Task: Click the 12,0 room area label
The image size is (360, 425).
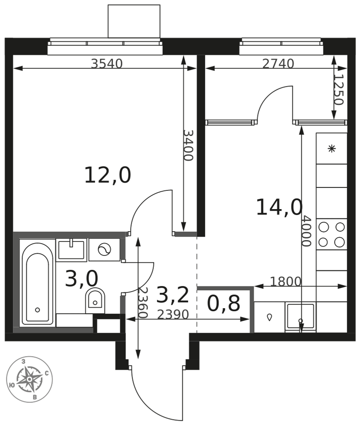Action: pyautogui.click(x=108, y=176)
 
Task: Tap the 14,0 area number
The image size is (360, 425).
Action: pyautogui.click(x=279, y=207)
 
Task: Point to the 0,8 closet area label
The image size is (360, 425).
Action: pyautogui.click(x=224, y=303)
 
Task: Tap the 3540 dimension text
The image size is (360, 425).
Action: pyautogui.click(x=107, y=64)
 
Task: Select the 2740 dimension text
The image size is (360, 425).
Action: pyautogui.click(x=278, y=64)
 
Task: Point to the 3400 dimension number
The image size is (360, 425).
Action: pyautogui.click(x=188, y=145)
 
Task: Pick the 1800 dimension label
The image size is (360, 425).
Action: pyautogui.click(x=286, y=282)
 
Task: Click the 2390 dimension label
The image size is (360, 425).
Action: pyautogui.click(x=173, y=314)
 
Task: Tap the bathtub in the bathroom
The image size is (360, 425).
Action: pyautogui.click(x=37, y=282)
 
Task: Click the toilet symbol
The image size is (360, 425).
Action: pyautogui.click(x=95, y=300)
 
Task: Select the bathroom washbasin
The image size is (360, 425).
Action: pyautogui.click(x=71, y=250)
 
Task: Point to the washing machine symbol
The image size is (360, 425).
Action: pyautogui.click(x=105, y=249)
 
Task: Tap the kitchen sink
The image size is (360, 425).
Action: pyautogui.click(x=300, y=317)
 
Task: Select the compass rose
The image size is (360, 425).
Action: pyautogui.click(x=29, y=379)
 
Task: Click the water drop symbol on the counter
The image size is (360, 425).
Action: pyautogui.click(x=269, y=317)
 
